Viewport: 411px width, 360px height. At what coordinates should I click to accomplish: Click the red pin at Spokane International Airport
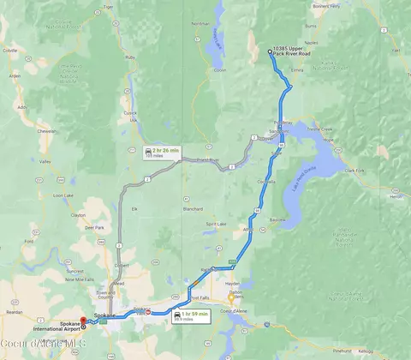coord(84,326)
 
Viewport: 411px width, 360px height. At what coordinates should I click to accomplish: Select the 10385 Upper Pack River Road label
coord(295,53)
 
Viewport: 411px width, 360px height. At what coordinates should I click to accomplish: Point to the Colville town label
coord(10,51)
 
